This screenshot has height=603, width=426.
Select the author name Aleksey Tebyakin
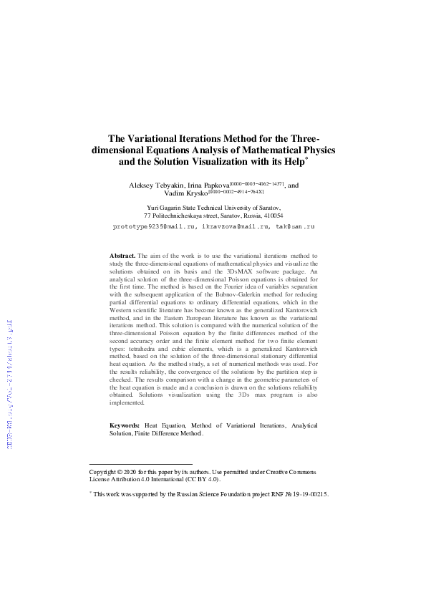click(157, 185)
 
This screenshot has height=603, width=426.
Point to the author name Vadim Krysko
click(186, 193)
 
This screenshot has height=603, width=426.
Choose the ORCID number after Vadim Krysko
click(236, 191)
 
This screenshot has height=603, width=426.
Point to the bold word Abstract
click(122, 255)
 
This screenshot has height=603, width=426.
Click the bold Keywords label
click(125, 425)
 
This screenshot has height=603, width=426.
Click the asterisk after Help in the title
click(306, 158)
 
